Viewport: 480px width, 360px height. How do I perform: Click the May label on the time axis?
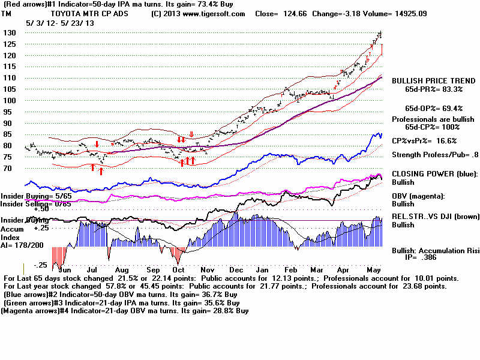(x=374, y=271)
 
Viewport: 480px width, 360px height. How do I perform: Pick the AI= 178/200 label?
(x=22, y=245)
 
